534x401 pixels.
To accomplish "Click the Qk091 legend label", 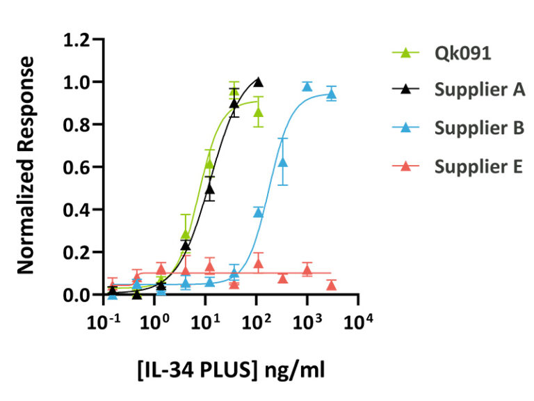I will (463, 54).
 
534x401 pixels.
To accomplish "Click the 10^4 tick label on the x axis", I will (359, 321).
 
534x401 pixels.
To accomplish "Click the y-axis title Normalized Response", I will (26, 165).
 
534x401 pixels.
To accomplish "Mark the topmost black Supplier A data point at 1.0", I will (259, 82).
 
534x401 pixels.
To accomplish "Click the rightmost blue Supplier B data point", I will (332, 94).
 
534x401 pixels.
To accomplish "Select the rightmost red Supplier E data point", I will (332, 285).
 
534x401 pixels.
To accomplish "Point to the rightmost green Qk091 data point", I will (259, 112).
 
